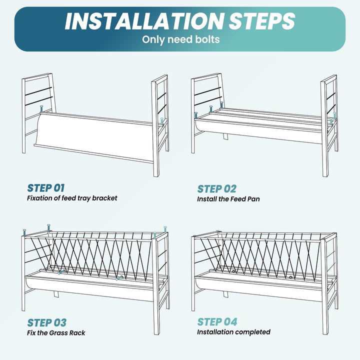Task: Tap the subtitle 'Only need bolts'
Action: tap(180, 39)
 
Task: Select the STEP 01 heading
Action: tap(46, 188)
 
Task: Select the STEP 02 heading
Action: tap(216, 189)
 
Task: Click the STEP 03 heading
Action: tap(47, 322)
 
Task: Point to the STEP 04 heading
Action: tap(217, 322)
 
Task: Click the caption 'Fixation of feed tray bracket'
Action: tap(72, 198)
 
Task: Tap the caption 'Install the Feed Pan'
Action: tap(228, 199)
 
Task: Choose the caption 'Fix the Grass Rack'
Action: tap(56, 332)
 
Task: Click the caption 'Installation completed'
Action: tap(233, 332)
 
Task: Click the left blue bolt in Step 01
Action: tap(41, 109)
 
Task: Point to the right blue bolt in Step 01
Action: tap(162, 121)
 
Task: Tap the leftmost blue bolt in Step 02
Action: tap(196, 115)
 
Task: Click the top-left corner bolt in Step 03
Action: tap(24, 232)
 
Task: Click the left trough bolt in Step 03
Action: tap(61, 272)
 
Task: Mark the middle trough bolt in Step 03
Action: tap(118, 278)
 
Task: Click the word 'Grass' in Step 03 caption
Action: tap(59, 332)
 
